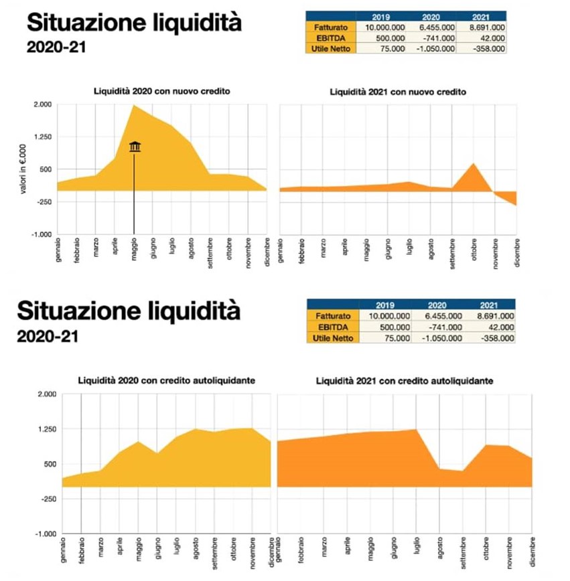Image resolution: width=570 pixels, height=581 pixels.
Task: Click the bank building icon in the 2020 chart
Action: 135,147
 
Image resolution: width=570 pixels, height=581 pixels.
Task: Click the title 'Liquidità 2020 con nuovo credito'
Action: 157,91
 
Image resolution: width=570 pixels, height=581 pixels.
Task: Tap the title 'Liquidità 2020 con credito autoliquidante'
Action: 161,381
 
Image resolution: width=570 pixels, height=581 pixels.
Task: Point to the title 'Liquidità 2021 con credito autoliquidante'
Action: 405,381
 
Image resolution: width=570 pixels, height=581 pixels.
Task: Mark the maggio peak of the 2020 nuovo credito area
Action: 134,106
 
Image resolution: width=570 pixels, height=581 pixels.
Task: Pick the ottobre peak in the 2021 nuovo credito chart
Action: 474,164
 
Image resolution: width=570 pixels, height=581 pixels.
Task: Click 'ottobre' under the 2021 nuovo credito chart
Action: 474,251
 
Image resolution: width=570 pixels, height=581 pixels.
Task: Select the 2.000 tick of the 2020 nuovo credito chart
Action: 42,104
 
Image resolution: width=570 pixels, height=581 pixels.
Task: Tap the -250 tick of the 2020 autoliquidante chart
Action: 46,499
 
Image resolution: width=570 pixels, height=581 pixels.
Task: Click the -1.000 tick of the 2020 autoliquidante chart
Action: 44,534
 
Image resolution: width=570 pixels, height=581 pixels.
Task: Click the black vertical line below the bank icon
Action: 135,194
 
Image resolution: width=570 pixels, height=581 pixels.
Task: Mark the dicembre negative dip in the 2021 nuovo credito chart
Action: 515,203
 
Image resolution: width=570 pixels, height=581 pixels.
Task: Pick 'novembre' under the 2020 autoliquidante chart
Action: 252,552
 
